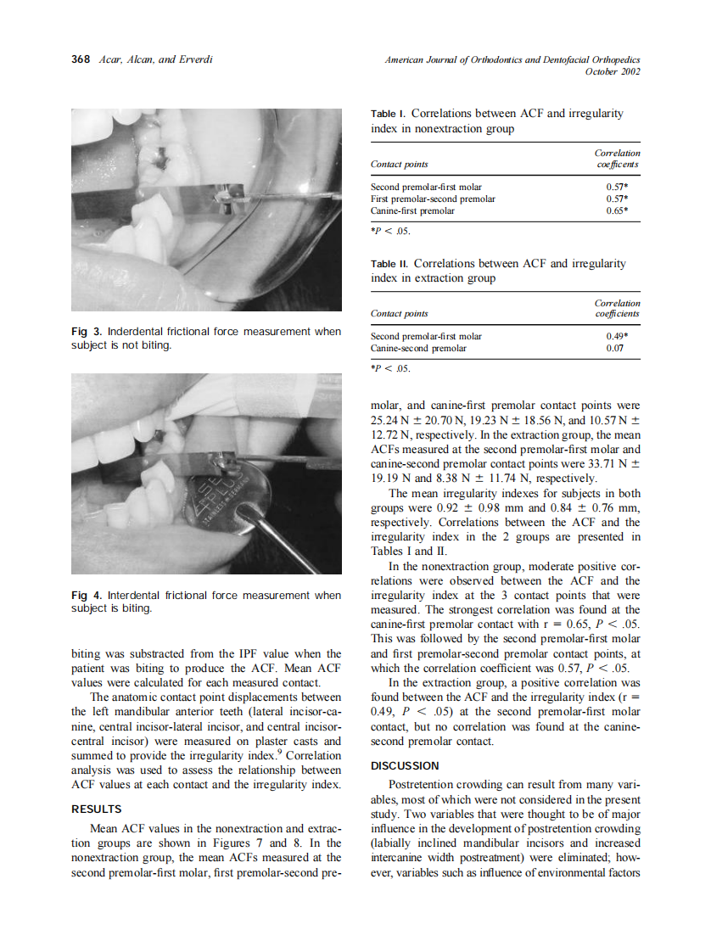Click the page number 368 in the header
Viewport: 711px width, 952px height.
tap(81, 60)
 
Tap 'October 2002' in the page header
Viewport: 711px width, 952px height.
tap(613, 71)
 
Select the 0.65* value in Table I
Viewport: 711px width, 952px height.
tap(623, 210)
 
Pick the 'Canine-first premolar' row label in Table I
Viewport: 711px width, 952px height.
tap(412, 210)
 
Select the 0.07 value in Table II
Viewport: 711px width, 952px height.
tap(628, 348)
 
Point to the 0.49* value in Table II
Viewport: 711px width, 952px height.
tap(626, 336)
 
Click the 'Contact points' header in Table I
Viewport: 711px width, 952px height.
tap(400, 164)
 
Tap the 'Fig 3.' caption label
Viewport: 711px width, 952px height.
tap(85, 332)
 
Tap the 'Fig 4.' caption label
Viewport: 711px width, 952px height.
tap(85, 596)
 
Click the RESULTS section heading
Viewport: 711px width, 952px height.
tap(96, 809)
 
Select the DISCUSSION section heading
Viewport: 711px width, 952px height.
tap(405, 765)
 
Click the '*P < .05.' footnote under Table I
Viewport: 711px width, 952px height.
tap(390, 230)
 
